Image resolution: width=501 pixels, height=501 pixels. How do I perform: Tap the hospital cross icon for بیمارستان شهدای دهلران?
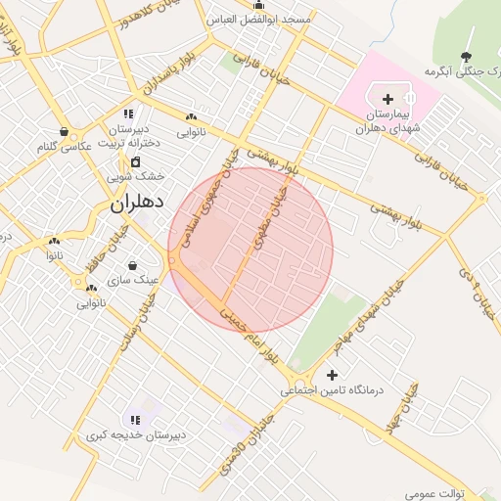point(388,98)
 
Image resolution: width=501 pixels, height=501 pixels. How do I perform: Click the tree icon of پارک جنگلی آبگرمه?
point(466,56)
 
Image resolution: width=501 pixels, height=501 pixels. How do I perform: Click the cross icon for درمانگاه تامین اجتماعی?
point(333,375)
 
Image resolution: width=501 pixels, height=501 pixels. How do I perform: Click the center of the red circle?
point(250,250)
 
